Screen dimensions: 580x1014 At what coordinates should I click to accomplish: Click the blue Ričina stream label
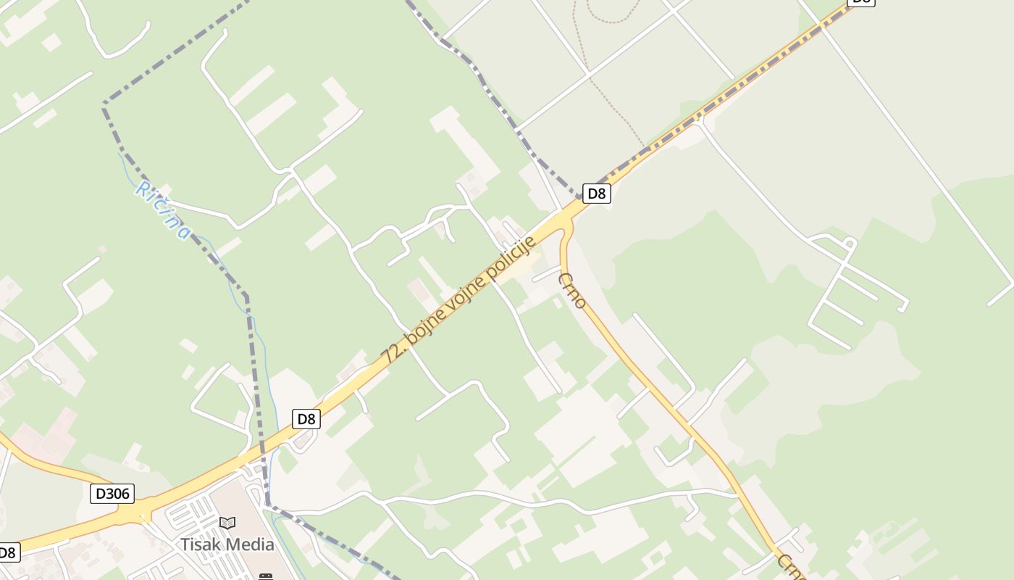click(x=164, y=210)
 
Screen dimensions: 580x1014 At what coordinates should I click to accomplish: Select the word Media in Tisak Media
click(x=250, y=544)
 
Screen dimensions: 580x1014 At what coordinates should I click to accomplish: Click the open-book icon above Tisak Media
click(x=227, y=523)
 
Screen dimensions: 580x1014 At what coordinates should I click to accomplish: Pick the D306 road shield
click(x=112, y=494)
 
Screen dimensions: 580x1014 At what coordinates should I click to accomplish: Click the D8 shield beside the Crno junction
click(x=596, y=194)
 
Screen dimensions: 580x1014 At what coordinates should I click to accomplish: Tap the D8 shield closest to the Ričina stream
click(x=306, y=418)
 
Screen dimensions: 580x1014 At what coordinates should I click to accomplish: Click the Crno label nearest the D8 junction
click(x=572, y=290)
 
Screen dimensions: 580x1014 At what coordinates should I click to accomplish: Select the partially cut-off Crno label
click(x=792, y=568)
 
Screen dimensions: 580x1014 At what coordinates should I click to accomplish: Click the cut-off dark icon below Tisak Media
click(x=266, y=576)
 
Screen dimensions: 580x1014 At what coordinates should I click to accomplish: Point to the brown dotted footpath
click(x=616, y=109)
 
